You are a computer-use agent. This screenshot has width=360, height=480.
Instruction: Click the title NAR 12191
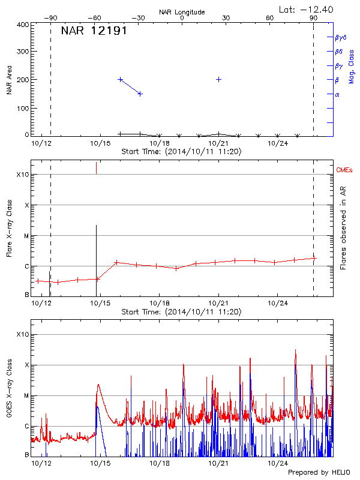(94, 31)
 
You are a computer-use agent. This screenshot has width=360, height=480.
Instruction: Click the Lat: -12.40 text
(307, 9)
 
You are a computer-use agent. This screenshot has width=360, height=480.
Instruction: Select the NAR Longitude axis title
(182, 11)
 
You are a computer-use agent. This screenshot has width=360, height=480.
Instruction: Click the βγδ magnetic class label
(340, 37)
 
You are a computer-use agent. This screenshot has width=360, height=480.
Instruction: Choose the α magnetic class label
(337, 94)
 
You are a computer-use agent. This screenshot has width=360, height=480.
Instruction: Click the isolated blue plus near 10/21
(219, 79)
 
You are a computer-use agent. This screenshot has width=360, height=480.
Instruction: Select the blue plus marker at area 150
(140, 94)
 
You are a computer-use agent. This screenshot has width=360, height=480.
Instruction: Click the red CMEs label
(345, 170)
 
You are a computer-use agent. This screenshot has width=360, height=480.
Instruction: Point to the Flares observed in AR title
(343, 228)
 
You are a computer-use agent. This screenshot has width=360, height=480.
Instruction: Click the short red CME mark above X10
(96, 168)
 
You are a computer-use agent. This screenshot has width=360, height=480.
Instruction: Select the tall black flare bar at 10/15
(96, 258)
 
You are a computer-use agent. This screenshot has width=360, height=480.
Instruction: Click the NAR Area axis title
(9, 81)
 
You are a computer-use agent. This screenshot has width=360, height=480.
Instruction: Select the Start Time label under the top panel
(181, 152)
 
